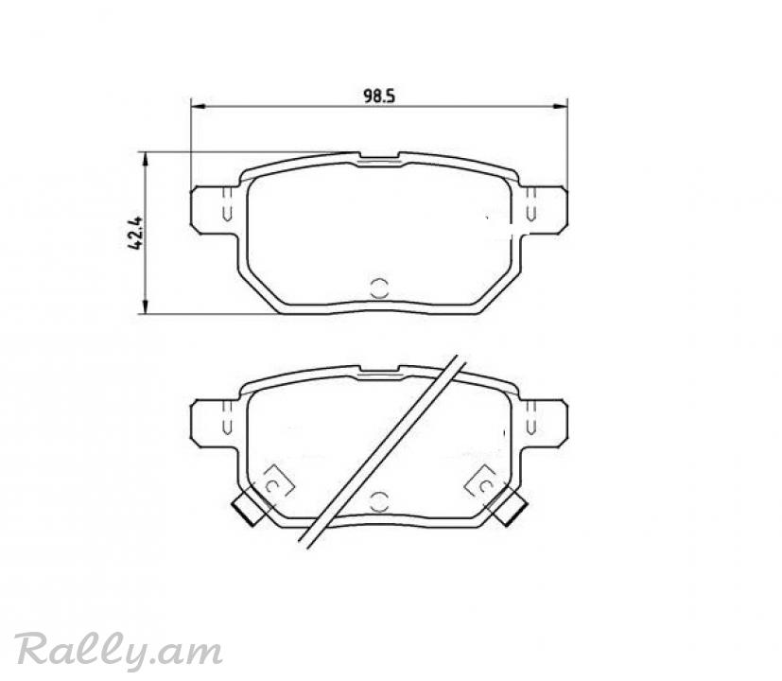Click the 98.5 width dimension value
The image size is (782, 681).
point(379,96)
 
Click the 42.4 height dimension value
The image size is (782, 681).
point(134,233)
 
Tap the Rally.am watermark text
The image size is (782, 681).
point(117,650)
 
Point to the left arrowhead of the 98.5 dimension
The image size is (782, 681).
point(198,106)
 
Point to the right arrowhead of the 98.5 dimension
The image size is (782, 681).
point(561,106)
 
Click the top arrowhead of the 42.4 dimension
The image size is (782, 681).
point(146,159)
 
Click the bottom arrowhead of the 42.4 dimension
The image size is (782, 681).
point(146,306)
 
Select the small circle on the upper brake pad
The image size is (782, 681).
point(379,288)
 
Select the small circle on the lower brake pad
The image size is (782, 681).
point(379,501)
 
